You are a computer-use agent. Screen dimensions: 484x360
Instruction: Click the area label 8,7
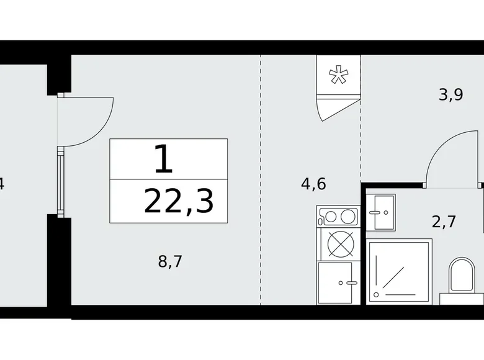[x=170, y=261]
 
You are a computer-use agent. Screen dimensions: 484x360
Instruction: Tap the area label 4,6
[x=313, y=184]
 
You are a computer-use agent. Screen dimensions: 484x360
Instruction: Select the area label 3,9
[x=451, y=94]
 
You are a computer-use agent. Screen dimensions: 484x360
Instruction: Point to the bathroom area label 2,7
[x=444, y=222]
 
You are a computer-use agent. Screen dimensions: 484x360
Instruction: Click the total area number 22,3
[x=179, y=202]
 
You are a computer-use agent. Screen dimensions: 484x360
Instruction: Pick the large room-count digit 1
[x=163, y=160]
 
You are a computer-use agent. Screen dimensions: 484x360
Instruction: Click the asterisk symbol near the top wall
[x=339, y=74]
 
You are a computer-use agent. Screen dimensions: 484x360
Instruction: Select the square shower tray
[x=399, y=271]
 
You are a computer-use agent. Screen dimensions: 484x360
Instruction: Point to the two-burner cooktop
[x=339, y=217]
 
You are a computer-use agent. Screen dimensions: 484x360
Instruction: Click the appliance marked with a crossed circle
[x=340, y=244]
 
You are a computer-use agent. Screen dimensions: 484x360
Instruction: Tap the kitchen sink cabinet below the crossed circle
[x=338, y=283]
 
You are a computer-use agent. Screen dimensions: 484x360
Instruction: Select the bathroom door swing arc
[x=441, y=147]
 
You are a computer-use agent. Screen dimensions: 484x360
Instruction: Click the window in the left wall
[x=61, y=182]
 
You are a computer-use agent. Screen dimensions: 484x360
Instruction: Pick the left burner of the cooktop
[x=331, y=217]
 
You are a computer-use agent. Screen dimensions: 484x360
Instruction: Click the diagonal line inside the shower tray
[x=393, y=278]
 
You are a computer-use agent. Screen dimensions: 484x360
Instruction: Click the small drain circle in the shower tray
[x=376, y=295]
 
